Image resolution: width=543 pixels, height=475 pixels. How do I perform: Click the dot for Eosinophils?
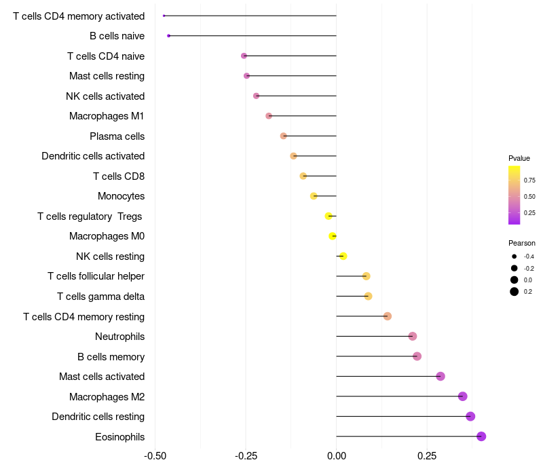(x=481, y=436)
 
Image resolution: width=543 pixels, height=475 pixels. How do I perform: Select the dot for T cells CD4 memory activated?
(x=164, y=16)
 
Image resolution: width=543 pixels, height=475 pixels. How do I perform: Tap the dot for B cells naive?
(x=168, y=35)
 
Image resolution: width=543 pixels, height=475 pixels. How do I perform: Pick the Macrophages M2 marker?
(x=463, y=396)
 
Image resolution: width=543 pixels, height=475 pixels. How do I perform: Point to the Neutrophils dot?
(x=413, y=337)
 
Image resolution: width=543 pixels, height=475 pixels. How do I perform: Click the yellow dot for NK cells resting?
(x=343, y=256)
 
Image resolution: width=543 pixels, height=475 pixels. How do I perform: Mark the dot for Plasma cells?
(x=284, y=136)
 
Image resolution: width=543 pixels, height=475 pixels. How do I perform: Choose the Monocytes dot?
(x=314, y=196)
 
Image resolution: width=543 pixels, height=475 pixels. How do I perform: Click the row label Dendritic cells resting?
(x=98, y=417)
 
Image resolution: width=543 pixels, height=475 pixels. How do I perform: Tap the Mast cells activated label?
(x=102, y=377)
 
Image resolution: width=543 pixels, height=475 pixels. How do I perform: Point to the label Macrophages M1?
(x=107, y=116)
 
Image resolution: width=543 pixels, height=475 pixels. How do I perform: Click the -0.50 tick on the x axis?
(x=155, y=455)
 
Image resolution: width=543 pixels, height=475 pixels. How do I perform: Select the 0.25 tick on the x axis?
(x=427, y=455)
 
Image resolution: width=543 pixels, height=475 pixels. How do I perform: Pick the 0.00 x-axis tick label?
(x=337, y=455)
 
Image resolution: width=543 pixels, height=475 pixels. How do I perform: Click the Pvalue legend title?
(x=519, y=158)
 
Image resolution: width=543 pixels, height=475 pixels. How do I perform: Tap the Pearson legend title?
(x=521, y=243)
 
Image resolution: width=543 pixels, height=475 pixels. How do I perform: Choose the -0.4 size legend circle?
(x=514, y=256)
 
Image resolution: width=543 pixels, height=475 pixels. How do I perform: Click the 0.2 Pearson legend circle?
(x=514, y=292)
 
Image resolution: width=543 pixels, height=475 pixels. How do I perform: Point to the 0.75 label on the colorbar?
(x=529, y=180)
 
